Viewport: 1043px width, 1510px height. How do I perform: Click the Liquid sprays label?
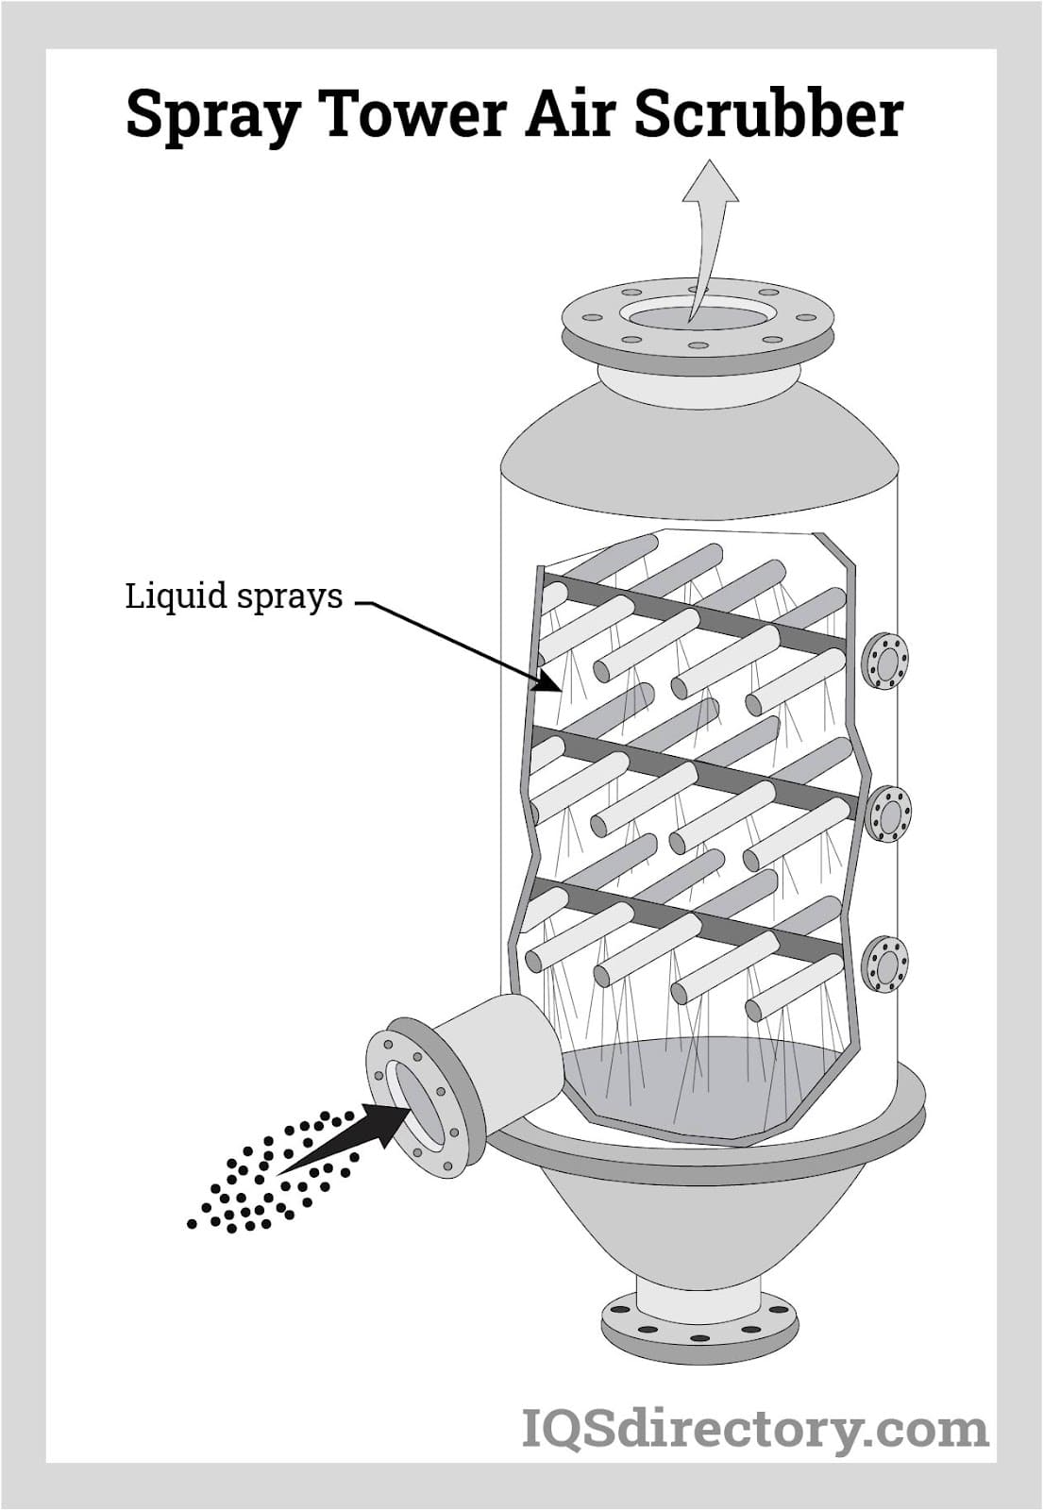point(233,596)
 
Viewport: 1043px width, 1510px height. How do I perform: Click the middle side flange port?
point(888,814)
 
